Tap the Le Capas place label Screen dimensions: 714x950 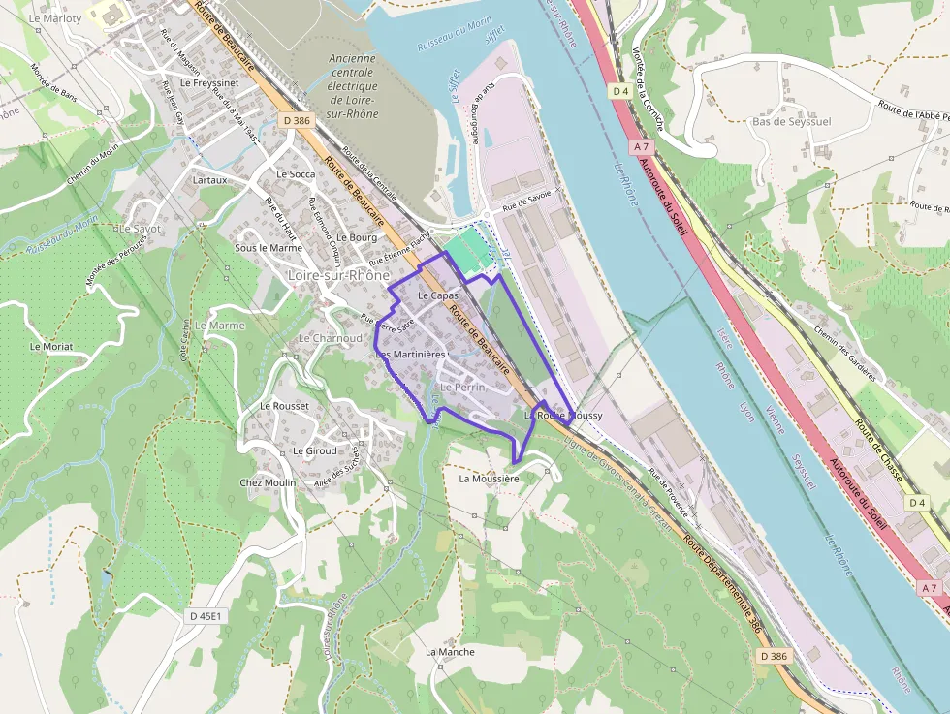coord(437,295)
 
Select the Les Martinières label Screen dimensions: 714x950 coord(410,355)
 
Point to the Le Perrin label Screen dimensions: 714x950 coord(462,388)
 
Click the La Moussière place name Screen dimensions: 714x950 coord(489,479)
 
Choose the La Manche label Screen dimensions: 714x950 coord(450,652)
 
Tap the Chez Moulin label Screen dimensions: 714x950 coord(268,482)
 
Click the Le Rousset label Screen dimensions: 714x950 coord(284,406)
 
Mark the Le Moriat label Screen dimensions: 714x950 coord(51,346)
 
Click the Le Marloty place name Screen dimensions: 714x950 coord(54,17)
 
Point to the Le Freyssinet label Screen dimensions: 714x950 coord(209,83)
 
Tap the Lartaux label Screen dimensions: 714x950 coord(210,180)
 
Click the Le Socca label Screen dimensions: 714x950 coord(296,174)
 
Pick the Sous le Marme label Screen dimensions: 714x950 coord(269,248)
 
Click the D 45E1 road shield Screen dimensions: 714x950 coord(206,616)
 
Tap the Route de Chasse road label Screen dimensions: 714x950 coord(879,451)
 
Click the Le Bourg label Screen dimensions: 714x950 coord(356,237)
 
